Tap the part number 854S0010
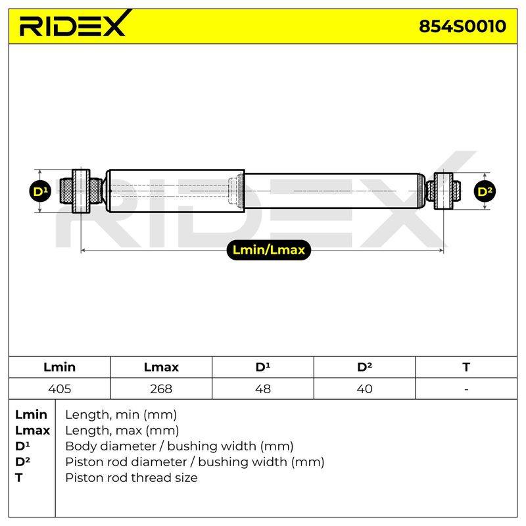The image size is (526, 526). [462, 26]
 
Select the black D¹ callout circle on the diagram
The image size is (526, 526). [40, 191]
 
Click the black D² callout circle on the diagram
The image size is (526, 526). [485, 191]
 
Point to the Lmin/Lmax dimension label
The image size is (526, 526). [269, 250]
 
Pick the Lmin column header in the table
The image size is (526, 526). [59, 367]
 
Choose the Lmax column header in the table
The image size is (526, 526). [161, 367]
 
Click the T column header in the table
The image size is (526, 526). [466, 367]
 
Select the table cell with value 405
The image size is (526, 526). [59, 389]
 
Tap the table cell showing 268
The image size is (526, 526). [161, 389]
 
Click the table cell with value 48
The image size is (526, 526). [262, 389]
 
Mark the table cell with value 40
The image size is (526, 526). [364, 389]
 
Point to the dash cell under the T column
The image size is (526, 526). [466, 389]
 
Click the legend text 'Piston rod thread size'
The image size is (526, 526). [131, 478]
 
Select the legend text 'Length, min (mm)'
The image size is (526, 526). [121, 415]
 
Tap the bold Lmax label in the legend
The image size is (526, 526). [32, 431]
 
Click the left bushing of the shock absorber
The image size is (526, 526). [81, 191]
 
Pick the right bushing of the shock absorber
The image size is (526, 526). [443, 191]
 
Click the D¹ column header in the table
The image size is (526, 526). [262, 367]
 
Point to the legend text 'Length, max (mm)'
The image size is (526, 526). [122, 431]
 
